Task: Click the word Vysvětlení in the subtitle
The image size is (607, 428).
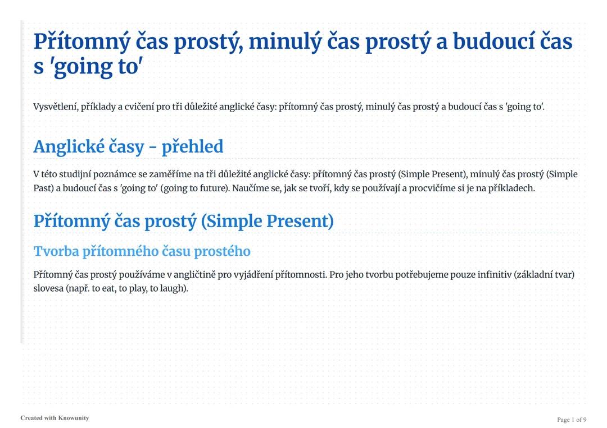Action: (x=56, y=107)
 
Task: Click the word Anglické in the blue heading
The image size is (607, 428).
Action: (x=69, y=146)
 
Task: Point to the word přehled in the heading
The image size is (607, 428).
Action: (x=192, y=147)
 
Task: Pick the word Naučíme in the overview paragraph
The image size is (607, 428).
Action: (x=251, y=188)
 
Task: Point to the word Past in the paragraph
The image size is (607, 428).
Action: (x=43, y=188)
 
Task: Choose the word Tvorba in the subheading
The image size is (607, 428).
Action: (x=56, y=251)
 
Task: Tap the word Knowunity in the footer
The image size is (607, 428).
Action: (x=74, y=418)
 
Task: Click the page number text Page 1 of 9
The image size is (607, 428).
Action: (x=572, y=420)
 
